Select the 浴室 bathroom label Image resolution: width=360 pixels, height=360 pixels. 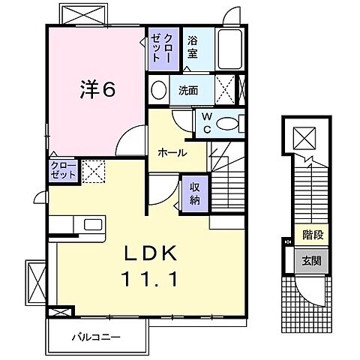[193, 48]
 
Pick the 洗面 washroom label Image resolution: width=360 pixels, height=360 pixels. [188, 91]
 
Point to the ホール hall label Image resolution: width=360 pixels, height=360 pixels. [172, 152]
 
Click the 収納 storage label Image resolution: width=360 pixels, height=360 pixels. [193, 193]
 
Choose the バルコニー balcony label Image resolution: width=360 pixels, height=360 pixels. [97, 337]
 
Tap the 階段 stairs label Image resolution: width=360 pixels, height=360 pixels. [313, 235]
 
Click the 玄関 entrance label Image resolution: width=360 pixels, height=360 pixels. [313, 260]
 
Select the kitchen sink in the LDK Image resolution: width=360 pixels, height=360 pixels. [94, 225]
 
